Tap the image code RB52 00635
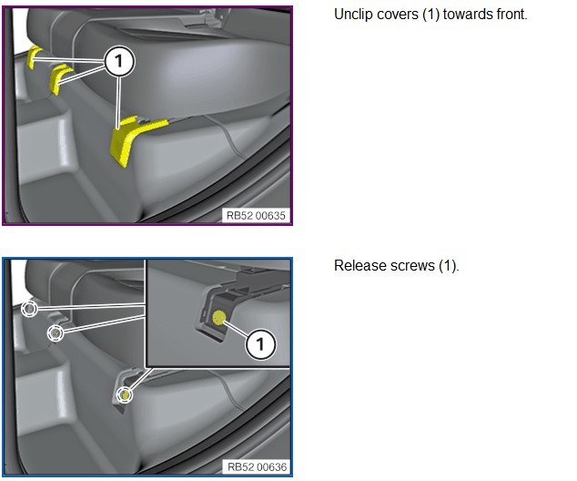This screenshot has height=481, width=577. coord(256,216)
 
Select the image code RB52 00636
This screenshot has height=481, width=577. coord(257,467)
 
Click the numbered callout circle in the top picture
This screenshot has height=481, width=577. coord(118,61)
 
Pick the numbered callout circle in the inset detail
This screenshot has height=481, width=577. coord(260,344)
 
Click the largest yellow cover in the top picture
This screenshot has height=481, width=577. coord(133,139)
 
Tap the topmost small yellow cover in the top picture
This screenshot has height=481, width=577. coord(33,56)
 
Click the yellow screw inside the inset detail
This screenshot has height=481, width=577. coord(219,318)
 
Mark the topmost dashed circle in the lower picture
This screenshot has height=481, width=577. coord(29,309)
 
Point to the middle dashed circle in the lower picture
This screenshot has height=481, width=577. coord(56,333)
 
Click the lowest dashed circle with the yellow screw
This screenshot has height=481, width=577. coord(125,394)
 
